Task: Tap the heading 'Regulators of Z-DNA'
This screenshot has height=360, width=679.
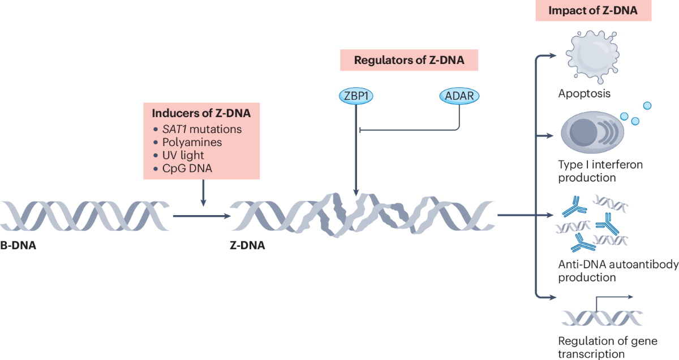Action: (409, 60)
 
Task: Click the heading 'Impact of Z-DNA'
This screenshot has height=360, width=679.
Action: (593, 11)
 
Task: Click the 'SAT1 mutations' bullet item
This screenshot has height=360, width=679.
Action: (209, 129)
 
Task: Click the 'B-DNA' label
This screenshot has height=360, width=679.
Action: (19, 246)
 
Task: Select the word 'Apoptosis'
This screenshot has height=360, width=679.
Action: (585, 93)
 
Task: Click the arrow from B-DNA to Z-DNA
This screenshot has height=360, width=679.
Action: (201, 216)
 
